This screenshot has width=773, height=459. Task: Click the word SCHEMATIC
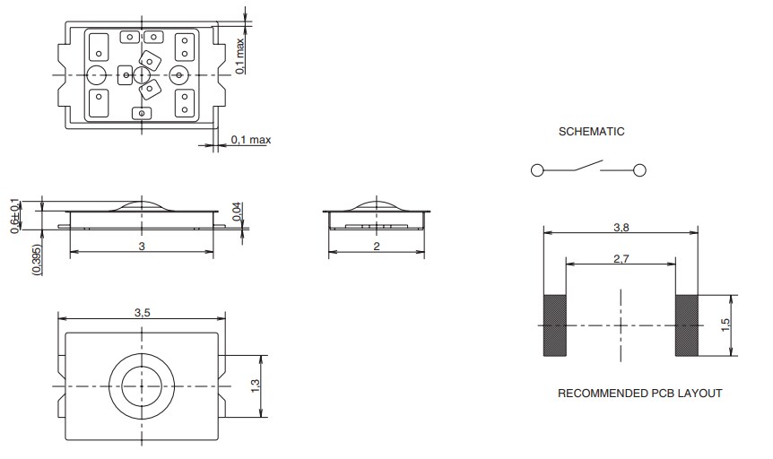coord(591,132)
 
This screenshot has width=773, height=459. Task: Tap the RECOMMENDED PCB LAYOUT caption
coord(639,394)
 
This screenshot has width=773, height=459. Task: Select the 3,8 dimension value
coord(621,229)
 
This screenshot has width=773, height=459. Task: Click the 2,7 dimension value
coord(621,259)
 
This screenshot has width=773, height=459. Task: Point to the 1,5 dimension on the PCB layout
coord(726,325)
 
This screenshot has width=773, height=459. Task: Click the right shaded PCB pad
coord(687,325)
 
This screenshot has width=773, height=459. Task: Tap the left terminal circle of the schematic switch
coord(536,170)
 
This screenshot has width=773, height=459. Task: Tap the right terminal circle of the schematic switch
coord(640,170)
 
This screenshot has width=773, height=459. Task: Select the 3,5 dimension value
coord(142,314)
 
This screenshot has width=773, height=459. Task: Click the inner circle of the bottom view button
coord(141,385)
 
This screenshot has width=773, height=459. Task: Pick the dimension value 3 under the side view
coord(142,246)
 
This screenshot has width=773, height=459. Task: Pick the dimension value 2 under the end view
coord(375,246)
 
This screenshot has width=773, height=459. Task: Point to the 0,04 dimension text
coord(237,212)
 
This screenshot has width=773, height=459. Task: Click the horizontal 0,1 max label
coord(250,139)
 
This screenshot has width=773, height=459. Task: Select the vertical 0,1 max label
coord(240,54)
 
